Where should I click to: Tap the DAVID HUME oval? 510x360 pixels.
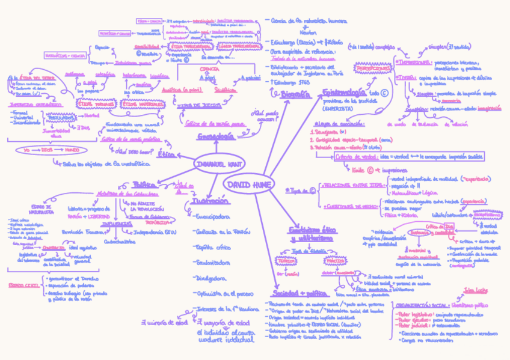248,183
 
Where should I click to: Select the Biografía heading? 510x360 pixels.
295,94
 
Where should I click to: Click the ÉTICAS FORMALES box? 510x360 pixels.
96,104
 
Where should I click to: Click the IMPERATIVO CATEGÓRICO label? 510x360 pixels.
25,104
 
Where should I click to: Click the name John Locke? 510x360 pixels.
475,291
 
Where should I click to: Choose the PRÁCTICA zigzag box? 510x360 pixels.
334,261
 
